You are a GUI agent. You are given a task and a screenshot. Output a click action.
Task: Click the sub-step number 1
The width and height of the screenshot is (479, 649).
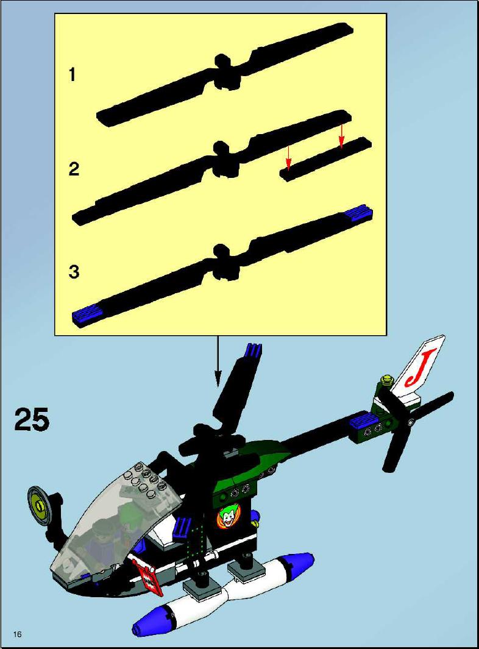pos(73,75)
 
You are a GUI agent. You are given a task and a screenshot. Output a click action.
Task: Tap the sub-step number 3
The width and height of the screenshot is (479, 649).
pos(74,272)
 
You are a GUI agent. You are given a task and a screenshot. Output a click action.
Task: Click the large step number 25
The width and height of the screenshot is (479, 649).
pos(32,419)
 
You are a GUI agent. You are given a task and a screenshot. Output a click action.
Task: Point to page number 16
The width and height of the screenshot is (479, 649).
pos(18,634)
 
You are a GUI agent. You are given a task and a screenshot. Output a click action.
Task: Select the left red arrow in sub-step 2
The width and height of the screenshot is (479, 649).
pos(289,157)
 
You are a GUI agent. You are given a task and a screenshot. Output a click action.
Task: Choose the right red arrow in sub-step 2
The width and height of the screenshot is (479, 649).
pos(341,136)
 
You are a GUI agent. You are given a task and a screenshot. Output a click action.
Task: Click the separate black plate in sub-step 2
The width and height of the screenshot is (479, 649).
pos(325,159)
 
